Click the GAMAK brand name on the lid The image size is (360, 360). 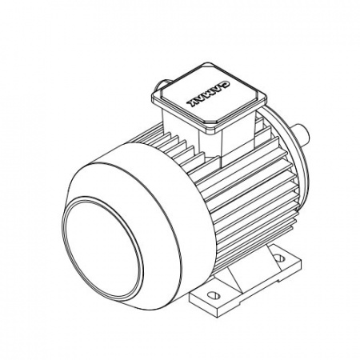[x=208, y=93]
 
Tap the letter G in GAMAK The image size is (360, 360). [x=226, y=83]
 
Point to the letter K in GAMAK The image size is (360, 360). [x=192, y=103]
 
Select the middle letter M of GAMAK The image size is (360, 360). [x=208, y=93]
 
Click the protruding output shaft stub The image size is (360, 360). [x=302, y=135]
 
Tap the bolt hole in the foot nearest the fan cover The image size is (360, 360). [x=214, y=295]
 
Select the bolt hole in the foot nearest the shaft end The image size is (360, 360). [x=278, y=258]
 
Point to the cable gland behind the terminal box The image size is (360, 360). [x=162, y=85]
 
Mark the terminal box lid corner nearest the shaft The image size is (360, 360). [x=266, y=98]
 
